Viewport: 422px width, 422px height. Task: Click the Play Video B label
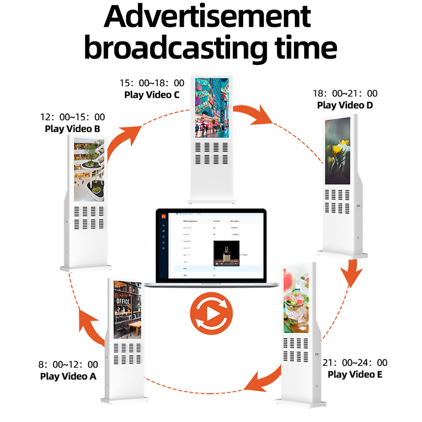coord(73,129)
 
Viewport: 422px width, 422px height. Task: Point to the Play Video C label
coord(152,95)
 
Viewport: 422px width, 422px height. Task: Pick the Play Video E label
coord(355,374)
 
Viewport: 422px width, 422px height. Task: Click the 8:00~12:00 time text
coord(68,364)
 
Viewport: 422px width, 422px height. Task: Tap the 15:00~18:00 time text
coord(152,83)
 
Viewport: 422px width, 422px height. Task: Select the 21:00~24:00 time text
coord(355,363)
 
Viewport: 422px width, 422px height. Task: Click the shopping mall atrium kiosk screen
coord(89,169)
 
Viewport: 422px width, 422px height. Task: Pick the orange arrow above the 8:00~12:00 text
coord(90,327)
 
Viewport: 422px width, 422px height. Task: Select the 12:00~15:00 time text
coord(73,117)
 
